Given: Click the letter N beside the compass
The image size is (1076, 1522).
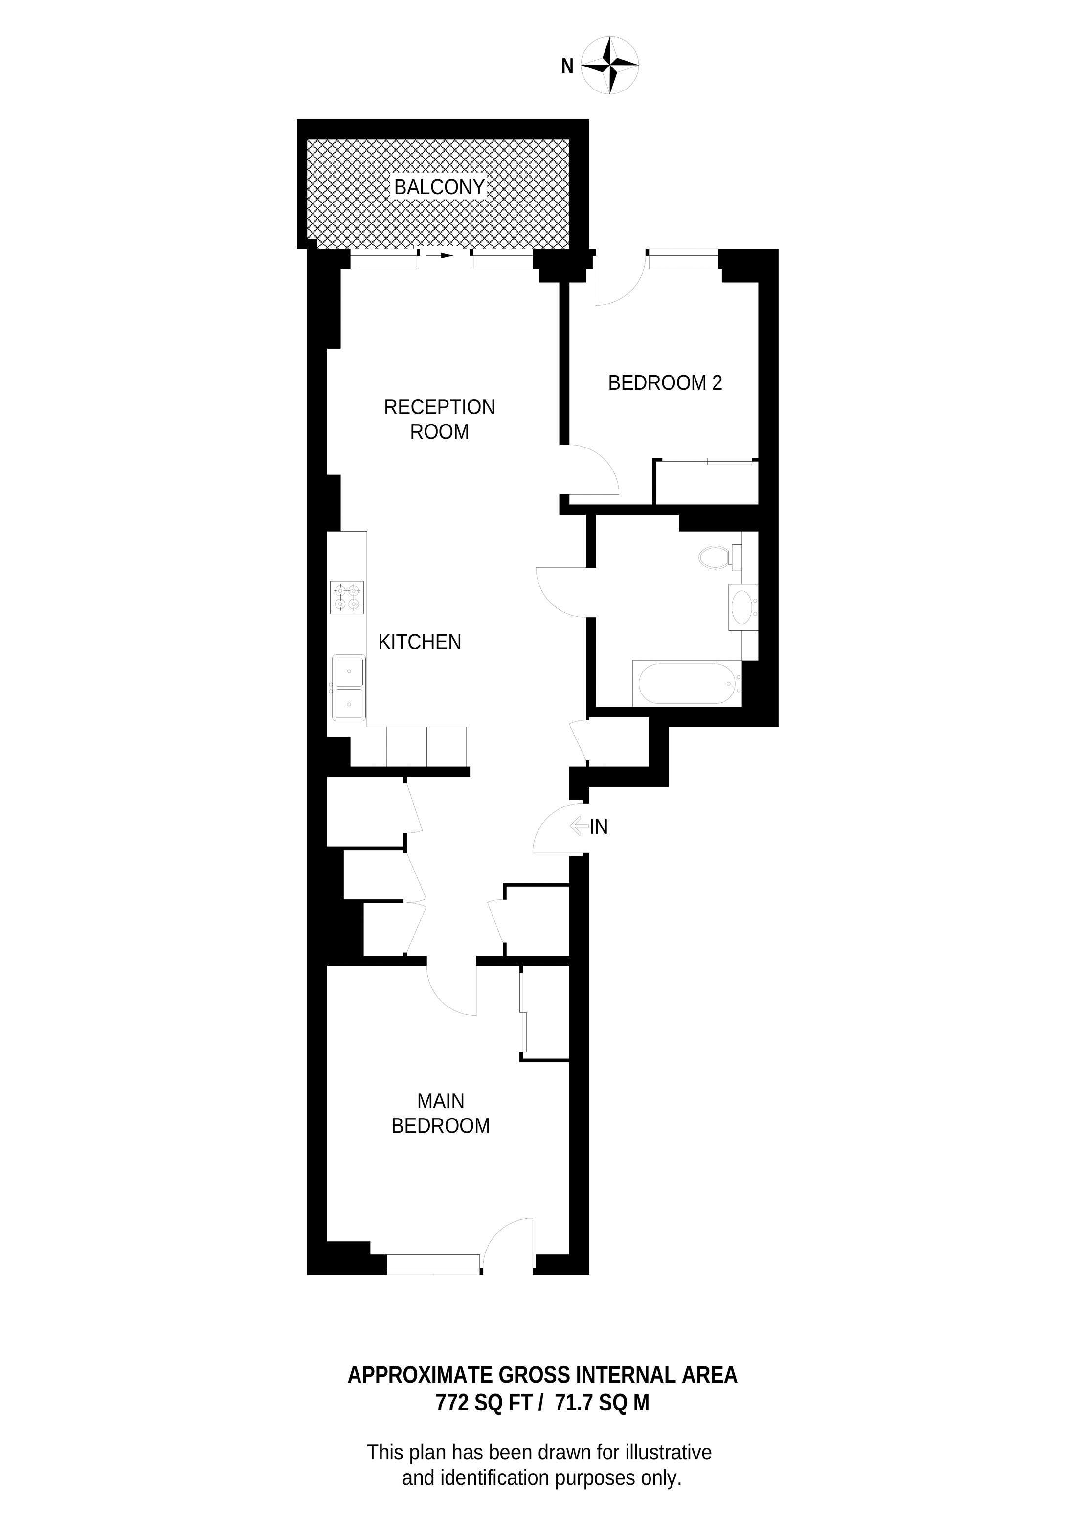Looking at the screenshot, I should [567, 67].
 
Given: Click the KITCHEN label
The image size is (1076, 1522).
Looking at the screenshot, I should [419, 642].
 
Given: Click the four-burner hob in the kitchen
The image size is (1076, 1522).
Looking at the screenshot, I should [347, 597].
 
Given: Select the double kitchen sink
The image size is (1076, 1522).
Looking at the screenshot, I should [349, 688].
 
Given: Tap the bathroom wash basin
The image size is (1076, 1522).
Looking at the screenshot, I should [742, 607].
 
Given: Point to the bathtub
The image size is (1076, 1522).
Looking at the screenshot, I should [686, 683].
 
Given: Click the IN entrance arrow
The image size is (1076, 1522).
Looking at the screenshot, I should [578, 826].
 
